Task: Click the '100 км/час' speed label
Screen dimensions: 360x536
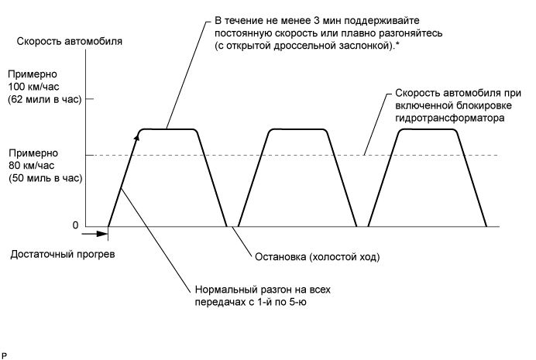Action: (29, 87)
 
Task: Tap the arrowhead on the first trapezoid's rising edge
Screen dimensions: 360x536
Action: (137, 136)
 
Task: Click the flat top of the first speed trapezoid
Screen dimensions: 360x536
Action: (169, 129)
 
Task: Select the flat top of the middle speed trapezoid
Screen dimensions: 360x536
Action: (295, 129)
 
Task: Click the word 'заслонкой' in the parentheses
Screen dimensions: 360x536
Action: (362, 47)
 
